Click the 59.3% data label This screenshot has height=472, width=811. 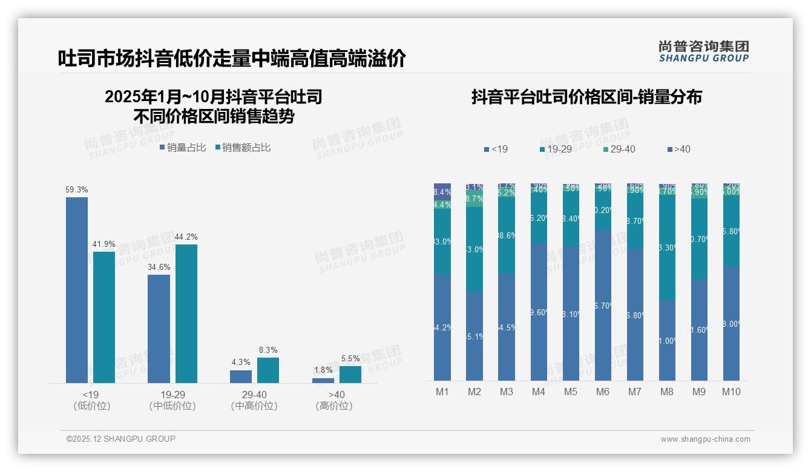(x=77, y=189)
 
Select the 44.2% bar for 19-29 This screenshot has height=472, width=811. (x=186, y=313)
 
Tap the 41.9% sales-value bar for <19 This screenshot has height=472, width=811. (x=104, y=317)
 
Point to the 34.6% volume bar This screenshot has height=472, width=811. (x=159, y=329)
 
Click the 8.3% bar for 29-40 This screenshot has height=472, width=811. (x=268, y=370)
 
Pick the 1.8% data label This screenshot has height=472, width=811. (x=323, y=370)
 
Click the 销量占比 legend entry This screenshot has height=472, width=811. (x=183, y=148)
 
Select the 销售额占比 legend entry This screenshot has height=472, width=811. (x=243, y=148)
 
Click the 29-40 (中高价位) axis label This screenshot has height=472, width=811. (x=254, y=400)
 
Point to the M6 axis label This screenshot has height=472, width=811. (x=602, y=392)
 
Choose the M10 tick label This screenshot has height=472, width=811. (x=731, y=392)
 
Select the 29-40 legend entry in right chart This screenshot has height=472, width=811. (x=619, y=149)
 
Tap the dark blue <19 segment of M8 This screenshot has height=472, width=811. (x=667, y=340)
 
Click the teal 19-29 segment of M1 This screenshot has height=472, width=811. (x=442, y=242)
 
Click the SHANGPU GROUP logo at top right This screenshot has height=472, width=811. (x=704, y=51)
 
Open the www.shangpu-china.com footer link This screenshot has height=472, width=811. (x=705, y=439)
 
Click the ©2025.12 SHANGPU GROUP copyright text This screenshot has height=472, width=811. (x=121, y=439)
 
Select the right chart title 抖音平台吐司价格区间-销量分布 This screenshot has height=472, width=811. (x=586, y=97)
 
